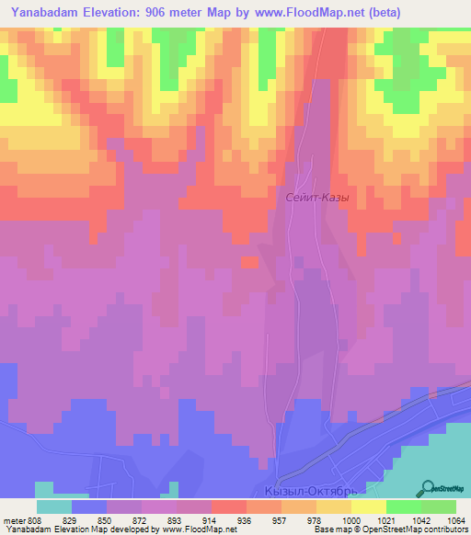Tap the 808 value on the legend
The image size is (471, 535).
[35, 519]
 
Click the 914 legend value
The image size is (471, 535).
[211, 519]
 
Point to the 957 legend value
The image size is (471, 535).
[280, 519]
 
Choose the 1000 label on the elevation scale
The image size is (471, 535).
[350, 519]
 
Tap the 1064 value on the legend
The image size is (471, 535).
[454, 519]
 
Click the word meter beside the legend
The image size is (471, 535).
[13, 519]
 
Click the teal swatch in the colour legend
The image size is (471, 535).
[54, 507]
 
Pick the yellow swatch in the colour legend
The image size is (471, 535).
[368, 507]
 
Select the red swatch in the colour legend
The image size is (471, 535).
[228, 507]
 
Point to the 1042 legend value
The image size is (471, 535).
[419, 519]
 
